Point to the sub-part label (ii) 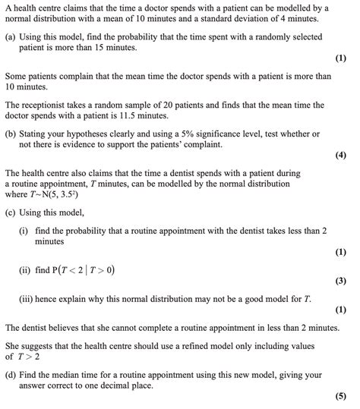coord(24,269)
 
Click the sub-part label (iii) coord(26,299)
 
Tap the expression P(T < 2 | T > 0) coord(79,269)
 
